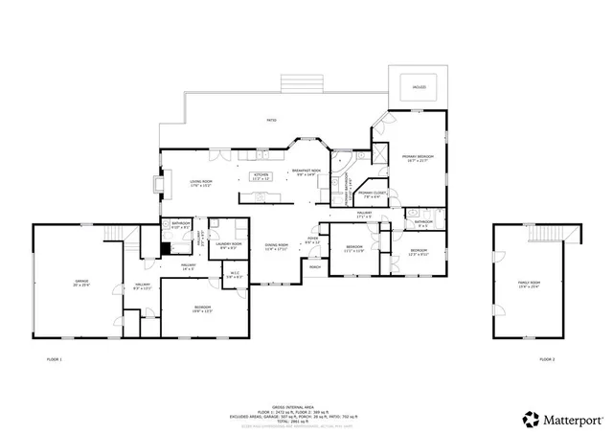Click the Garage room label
click(x=81, y=283)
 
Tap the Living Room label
click(x=199, y=182)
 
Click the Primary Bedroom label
click(x=418, y=158)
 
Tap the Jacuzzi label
click(x=418, y=86)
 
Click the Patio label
click(x=272, y=120)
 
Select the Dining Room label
click(x=277, y=247)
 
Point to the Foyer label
click(x=313, y=241)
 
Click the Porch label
click(x=314, y=268)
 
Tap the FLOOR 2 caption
click(x=546, y=359)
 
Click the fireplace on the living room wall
click(x=157, y=183)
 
